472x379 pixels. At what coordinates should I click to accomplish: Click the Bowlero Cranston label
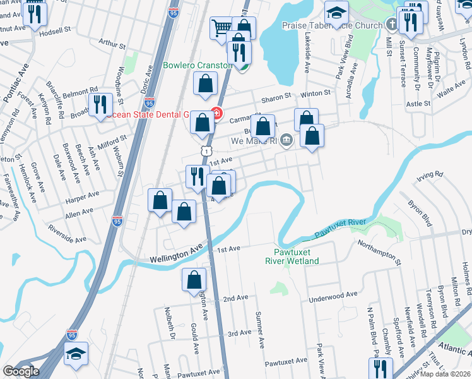(x=198, y=64)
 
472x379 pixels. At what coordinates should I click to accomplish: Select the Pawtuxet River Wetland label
(x=292, y=257)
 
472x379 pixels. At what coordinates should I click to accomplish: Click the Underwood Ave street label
(x=334, y=296)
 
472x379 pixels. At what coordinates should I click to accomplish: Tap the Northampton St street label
(x=379, y=250)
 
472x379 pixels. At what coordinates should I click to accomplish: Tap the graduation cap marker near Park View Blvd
(x=337, y=12)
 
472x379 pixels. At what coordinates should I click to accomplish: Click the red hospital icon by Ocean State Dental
(x=216, y=114)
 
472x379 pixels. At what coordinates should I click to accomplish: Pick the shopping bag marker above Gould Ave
(x=194, y=279)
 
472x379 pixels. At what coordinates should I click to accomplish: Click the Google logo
(x=21, y=371)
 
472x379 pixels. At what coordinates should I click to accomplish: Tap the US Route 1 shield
(x=206, y=151)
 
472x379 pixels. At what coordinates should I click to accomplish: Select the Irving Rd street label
(x=426, y=175)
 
